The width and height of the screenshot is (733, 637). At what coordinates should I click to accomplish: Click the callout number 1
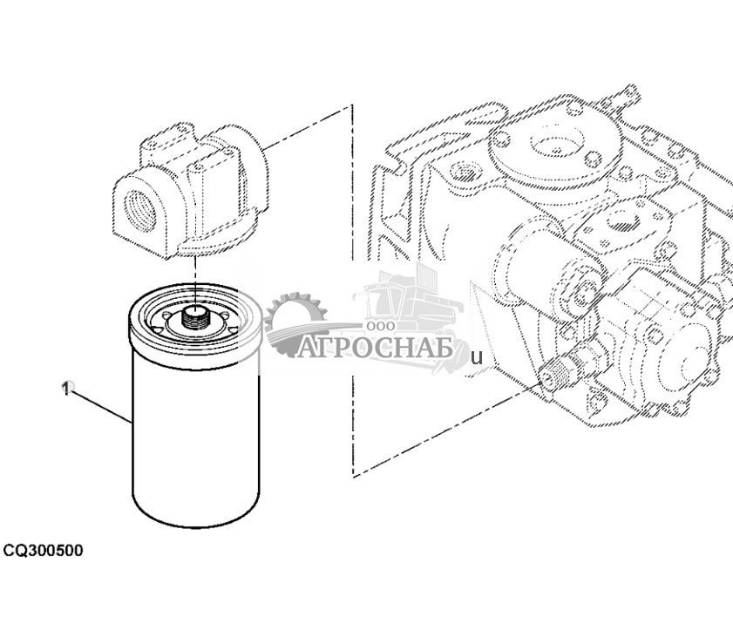tap(65, 389)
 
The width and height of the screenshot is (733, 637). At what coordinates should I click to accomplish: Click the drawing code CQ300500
tap(43, 551)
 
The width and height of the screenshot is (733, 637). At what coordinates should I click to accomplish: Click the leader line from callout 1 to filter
tap(100, 405)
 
